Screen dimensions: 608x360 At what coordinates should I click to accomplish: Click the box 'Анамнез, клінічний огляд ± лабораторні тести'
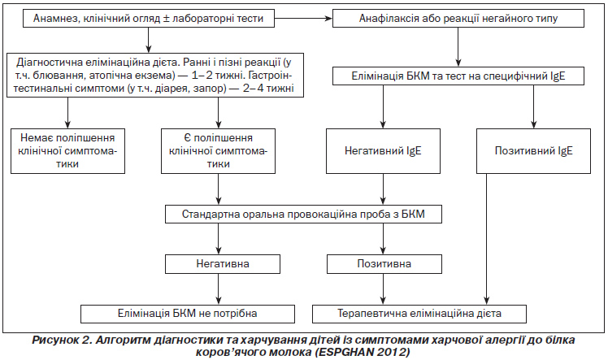(x=149, y=18)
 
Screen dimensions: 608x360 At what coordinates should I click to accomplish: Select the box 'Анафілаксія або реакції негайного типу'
(x=458, y=18)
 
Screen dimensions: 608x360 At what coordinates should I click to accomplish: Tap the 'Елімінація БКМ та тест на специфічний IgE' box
(x=458, y=76)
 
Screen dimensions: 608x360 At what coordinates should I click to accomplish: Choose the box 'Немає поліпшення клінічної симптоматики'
(x=67, y=151)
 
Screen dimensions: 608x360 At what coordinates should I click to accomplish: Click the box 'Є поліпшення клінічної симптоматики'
(x=219, y=151)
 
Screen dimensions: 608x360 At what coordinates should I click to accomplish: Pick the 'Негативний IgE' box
(x=383, y=151)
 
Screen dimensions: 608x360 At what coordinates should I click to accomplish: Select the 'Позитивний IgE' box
(x=533, y=151)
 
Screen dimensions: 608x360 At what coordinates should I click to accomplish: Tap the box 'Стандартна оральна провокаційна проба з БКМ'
(x=304, y=215)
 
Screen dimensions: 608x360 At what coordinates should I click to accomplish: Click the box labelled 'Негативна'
(x=223, y=264)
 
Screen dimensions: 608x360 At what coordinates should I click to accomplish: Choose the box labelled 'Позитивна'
(x=384, y=264)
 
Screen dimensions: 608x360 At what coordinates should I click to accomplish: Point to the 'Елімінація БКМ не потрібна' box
(x=188, y=314)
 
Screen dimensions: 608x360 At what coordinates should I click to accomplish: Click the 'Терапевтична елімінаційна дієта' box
(x=419, y=314)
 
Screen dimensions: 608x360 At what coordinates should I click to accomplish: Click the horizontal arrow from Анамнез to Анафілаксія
(x=304, y=18)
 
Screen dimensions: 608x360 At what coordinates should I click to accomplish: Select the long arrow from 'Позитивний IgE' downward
(x=487, y=239)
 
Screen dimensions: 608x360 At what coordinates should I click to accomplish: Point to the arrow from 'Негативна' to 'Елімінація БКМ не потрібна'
(x=219, y=289)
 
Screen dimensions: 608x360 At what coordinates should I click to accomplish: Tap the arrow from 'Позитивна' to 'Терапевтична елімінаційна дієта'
(x=384, y=289)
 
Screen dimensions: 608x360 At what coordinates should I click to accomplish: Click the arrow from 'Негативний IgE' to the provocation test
(x=384, y=189)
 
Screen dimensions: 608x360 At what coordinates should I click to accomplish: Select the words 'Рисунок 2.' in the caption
(x=62, y=340)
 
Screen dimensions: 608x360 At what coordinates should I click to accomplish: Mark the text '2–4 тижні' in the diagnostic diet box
(x=269, y=89)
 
